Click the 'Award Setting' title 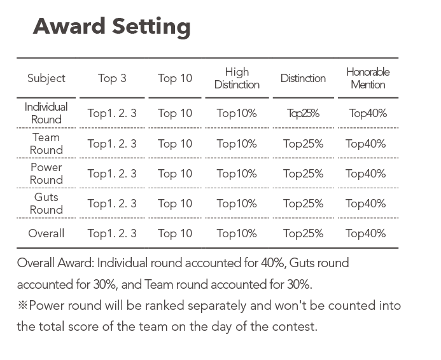point(111,27)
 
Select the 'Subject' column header point(46,78)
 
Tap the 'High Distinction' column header point(237,78)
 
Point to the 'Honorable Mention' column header point(368,78)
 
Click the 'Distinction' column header point(303,78)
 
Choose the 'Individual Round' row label point(46,113)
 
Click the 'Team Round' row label point(46,144)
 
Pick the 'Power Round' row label point(46,174)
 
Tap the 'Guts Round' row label point(46,203)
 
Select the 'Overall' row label point(46,233)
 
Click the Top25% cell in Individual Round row point(303,114)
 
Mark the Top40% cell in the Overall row point(366,233)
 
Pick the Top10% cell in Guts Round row point(237,204)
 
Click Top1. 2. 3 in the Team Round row point(112,144)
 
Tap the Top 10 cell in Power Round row point(175,174)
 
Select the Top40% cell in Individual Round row point(368,114)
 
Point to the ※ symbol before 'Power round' point(22,305)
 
